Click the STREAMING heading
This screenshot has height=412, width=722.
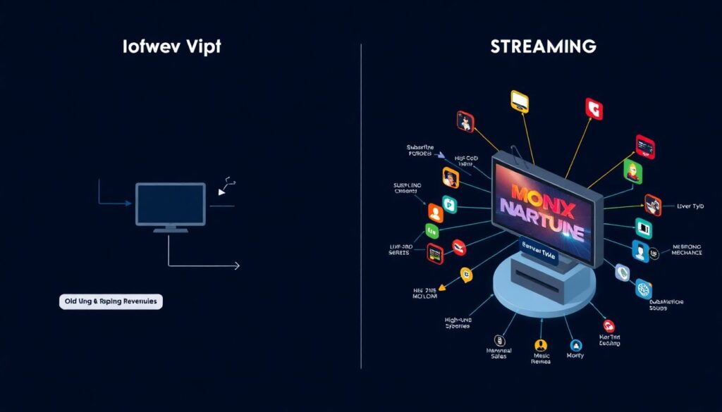[x=544, y=47]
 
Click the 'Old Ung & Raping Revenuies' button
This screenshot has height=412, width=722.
[x=111, y=301]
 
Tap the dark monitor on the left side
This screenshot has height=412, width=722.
[x=171, y=204]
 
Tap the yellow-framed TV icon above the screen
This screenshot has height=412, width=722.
[x=520, y=100]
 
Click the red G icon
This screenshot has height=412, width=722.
[x=594, y=108]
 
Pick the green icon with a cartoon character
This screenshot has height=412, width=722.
[x=633, y=170]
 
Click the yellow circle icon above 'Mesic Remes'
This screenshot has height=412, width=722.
[x=541, y=345]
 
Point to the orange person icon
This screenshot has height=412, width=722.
[x=434, y=212]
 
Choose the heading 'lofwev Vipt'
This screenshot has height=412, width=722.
[x=171, y=47]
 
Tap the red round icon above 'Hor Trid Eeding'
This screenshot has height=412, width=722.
[x=608, y=325]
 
